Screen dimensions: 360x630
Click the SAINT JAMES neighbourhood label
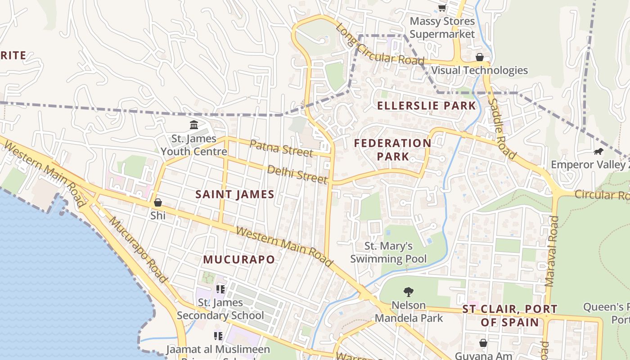(x=235, y=194)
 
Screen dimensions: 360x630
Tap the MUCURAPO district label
(x=238, y=260)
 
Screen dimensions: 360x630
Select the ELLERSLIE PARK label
(x=426, y=106)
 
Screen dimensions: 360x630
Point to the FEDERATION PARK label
(x=392, y=150)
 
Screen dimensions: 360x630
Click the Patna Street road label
(x=281, y=148)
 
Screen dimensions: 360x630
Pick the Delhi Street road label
(x=297, y=174)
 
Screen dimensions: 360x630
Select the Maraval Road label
(x=551, y=251)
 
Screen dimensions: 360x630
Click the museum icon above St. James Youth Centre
(x=194, y=125)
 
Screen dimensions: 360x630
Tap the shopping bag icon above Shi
(x=157, y=202)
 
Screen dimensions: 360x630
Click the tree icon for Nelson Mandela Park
(x=408, y=292)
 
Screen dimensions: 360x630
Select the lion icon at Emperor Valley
(x=598, y=152)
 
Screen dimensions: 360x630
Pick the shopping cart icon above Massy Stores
(x=442, y=8)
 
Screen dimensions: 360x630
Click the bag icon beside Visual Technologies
(x=479, y=57)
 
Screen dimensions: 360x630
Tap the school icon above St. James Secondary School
(x=220, y=289)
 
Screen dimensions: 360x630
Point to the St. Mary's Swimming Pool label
(x=388, y=252)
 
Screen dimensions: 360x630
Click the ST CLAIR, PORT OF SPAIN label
(x=510, y=316)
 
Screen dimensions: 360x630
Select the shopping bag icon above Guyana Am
(x=483, y=343)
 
